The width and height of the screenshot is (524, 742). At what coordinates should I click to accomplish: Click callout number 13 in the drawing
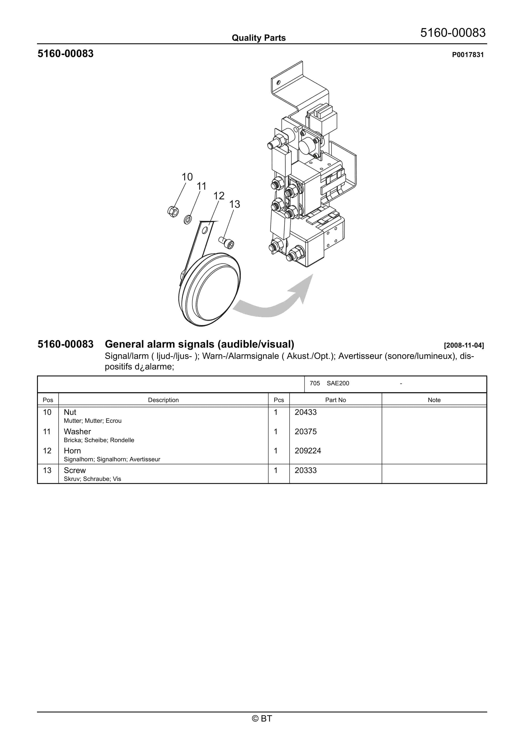pos(234,204)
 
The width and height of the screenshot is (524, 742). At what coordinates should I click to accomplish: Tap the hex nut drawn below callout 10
pos(173,212)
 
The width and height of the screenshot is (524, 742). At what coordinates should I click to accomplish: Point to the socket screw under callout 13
pos(227,243)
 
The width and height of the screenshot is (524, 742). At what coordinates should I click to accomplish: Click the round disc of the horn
pos(213,289)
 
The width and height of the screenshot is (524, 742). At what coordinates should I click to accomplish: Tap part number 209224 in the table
pos(308,451)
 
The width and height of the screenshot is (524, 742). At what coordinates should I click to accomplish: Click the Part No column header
pos(335,400)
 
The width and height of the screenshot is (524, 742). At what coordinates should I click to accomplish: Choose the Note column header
pos(434,400)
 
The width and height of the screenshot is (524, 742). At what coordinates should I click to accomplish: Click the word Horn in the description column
pos(72,451)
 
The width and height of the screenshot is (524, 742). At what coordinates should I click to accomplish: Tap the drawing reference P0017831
pos(467,55)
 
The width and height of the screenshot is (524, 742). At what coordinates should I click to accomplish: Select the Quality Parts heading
pos(258,38)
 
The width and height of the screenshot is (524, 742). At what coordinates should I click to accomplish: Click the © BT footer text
pos(262,718)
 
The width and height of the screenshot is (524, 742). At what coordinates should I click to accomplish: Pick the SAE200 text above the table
pos(338,383)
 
